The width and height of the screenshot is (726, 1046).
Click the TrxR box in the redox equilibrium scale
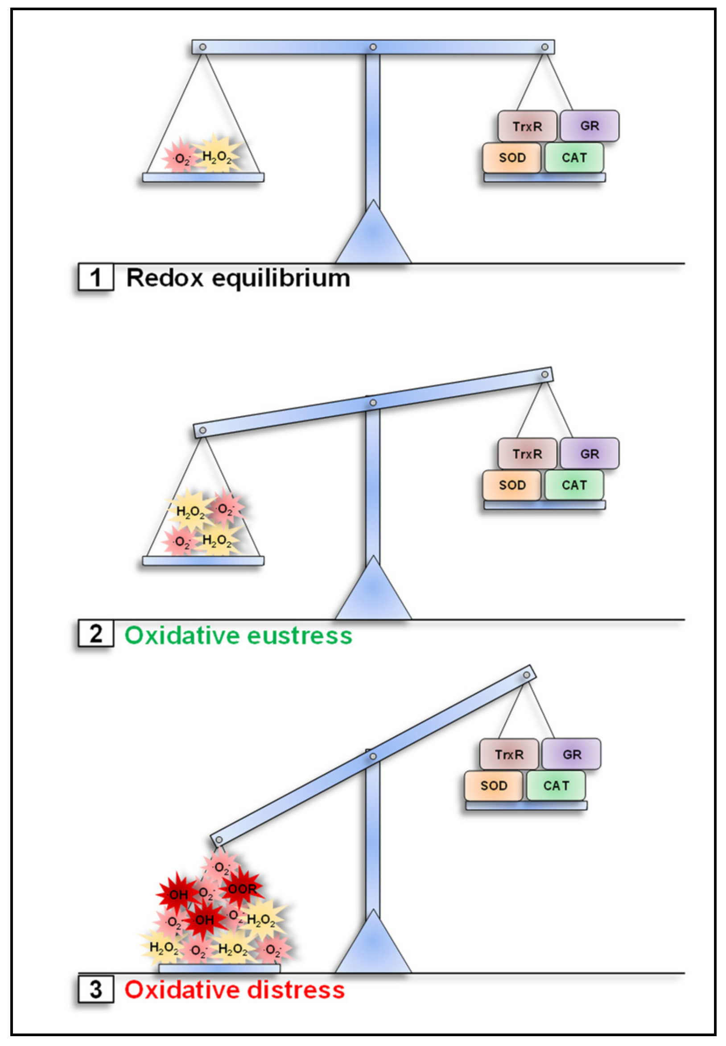click(527, 126)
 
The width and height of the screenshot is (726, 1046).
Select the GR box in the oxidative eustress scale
click(589, 454)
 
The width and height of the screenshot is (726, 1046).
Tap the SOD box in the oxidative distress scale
click(494, 786)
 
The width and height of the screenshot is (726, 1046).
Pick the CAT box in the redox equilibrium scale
click(574, 158)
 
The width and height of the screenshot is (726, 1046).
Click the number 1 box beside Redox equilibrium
click(95, 277)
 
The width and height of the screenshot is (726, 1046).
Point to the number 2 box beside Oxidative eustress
click(95, 634)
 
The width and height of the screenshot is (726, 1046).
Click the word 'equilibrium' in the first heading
click(281, 278)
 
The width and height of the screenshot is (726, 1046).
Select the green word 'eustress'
click(300, 635)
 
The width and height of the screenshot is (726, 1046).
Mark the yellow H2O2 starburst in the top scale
click(217, 156)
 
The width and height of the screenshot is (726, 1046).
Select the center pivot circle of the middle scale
click(373, 403)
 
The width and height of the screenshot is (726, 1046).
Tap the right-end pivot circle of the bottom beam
click(526, 675)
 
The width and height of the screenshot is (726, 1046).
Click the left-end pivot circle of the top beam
click(203, 47)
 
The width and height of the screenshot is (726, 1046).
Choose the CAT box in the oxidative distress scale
click(556, 786)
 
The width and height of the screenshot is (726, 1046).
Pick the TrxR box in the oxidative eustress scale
click(527, 454)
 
